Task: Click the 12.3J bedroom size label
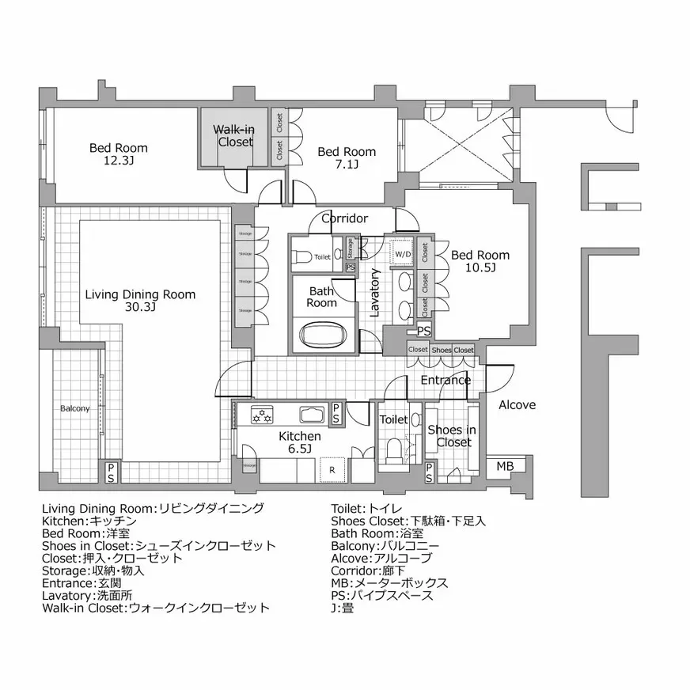pos(118,161)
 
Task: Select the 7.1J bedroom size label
pos(346,165)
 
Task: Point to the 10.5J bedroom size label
pos(480,268)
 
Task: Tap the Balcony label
pos(75,409)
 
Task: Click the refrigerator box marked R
pos(332,468)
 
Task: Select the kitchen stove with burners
pos(262,412)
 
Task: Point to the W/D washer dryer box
pos(404,254)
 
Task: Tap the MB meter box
pos(504,467)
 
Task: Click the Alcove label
pos(517,405)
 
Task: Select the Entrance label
pos(445,380)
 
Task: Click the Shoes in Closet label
pos(452,436)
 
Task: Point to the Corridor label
pos(344,218)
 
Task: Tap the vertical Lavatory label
pos(375,294)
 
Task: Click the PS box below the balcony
pos(111,472)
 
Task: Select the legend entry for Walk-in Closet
pos(155,608)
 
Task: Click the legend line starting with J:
pos(343,608)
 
